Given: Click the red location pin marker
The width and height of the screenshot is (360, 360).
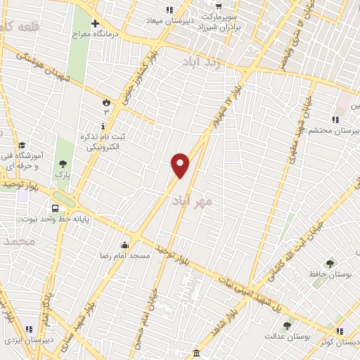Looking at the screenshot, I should tap(181, 165).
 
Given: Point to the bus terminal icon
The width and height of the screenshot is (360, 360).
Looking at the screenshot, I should tap(55, 208).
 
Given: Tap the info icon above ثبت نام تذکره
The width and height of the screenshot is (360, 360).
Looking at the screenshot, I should tap(104, 126).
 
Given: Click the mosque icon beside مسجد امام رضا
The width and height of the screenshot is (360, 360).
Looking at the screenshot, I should tap(125, 245).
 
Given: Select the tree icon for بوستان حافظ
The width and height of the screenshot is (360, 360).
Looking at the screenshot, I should tap(330, 263).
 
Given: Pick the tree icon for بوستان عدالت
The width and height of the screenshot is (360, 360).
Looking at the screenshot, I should tap(286, 326).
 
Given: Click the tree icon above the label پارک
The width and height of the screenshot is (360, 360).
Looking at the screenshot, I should tap(63, 163).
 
